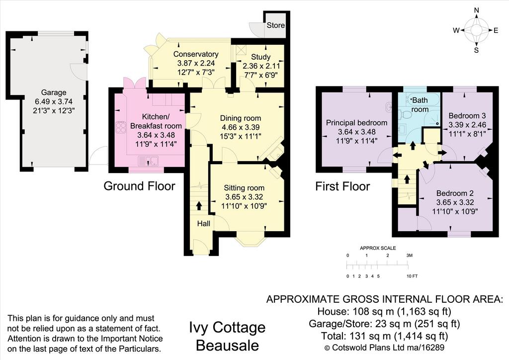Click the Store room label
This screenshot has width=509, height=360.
click(x=275, y=25)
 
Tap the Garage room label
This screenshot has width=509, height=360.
click(x=54, y=92)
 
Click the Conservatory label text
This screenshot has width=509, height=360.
click(x=196, y=54)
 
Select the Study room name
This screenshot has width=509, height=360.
click(x=260, y=57)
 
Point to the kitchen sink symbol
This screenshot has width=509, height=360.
click(x=148, y=161)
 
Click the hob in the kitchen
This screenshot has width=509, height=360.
click(x=121, y=127)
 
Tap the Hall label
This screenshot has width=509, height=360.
click(x=203, y=223)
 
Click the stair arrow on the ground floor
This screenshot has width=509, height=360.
click(x=199, y=206)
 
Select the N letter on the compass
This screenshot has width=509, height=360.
click(x=476, y=19)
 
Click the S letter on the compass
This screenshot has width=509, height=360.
click(x=476, y=50)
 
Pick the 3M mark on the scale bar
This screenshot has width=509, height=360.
click(x=410, y=256)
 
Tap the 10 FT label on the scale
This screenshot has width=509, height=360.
click(x=412, y=276)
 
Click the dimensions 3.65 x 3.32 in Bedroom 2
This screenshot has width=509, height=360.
click(x=455, y=202)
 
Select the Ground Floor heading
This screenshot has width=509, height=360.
click(x=139, y=186)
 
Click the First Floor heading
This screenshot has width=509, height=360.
click(x=342, y=186)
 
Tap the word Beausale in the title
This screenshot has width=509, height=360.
click(x=228, y=346)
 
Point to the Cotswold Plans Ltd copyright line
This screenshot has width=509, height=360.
click(x=384, y=348)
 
